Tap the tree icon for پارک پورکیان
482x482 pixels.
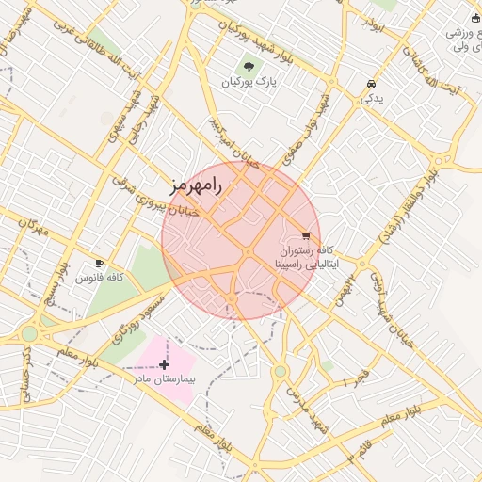coord(249,67)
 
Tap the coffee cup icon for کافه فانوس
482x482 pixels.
coord(100,263)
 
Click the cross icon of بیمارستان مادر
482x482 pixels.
coord(165,363)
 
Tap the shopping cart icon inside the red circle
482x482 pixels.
coord(306,235)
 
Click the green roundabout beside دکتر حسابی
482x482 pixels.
coord(29,333)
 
